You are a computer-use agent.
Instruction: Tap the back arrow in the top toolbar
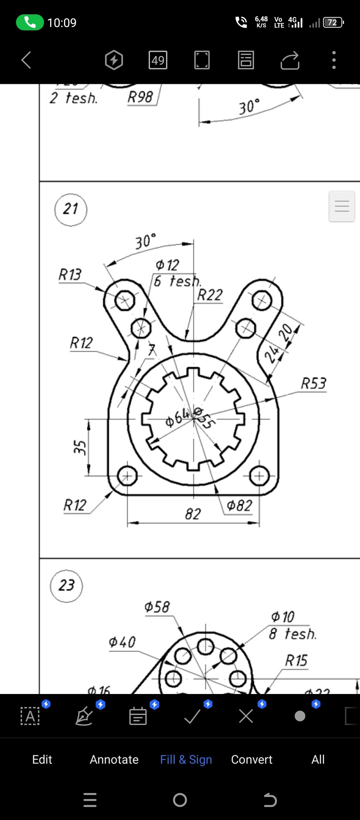click(26, 60)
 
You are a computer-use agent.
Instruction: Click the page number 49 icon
click(158, 60)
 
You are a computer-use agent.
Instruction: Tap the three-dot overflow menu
click(334, 60)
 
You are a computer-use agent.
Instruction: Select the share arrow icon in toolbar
click(290, 60)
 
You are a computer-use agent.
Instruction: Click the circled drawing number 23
click(66, 586)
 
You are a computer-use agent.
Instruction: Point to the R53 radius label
click(313, 383)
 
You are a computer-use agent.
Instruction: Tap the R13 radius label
click(70, 275)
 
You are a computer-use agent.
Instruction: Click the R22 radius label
click(210, 295)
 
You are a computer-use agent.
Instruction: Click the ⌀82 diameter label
click(239, 506)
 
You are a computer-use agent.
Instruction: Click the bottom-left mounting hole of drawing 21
click(127, 476)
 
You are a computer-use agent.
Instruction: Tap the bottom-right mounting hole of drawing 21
click(259, 476)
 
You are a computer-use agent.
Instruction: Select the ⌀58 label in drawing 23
click(157, 607)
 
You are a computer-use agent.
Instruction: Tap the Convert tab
click(252, 759)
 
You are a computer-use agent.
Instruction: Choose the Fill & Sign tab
click(186, 759)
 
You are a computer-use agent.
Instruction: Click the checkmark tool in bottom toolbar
click(192, 716)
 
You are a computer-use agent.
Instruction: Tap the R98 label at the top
click(140, 97)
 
